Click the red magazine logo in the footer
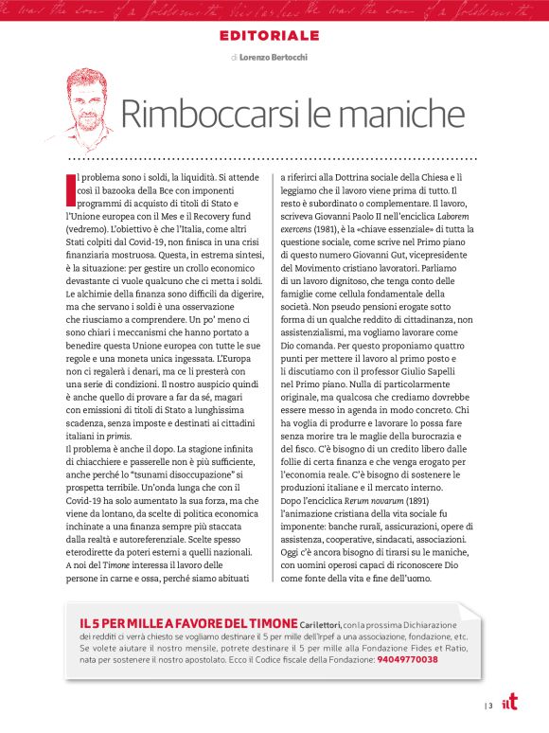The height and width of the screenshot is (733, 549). coord(511,703)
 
